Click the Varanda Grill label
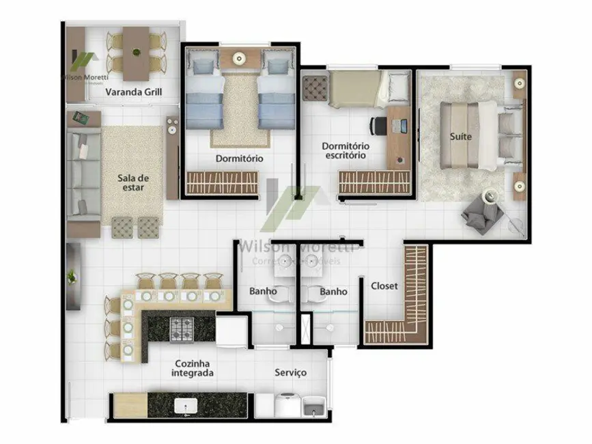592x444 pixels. (x=134, y=92)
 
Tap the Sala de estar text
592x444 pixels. (x=133, y=183)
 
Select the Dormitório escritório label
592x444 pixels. (x=345, y=150)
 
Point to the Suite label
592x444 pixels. (x=460, y=137)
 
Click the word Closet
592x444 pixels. (x=384, y=286)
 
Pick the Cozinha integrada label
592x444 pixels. (x=193, y=368)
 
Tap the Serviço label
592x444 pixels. (x=290, y=372)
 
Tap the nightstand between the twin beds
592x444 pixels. (x=239, y=60)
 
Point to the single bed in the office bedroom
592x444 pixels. (x=358, y=89)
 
